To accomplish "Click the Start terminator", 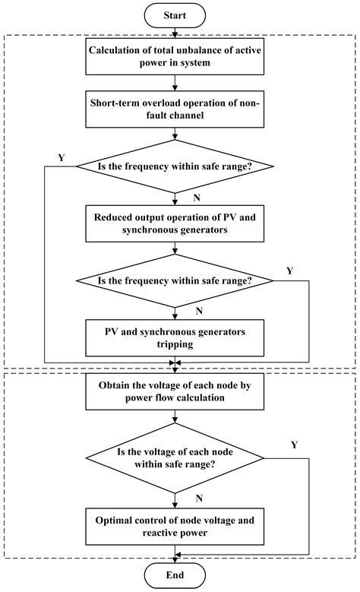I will click(x=175, y=14).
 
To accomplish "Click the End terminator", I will click(x=175, y=576).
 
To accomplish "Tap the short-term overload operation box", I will click(x=175, y=112).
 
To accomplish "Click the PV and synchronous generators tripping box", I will click(x=175, y=338).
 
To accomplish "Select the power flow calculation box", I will click(x=175, y=391).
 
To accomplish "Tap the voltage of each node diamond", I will click(x=175, y=458).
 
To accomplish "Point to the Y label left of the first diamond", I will click(x=60, y=158).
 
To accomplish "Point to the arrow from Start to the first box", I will click(x=175, y=31).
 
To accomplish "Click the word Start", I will click(x=175, y=14).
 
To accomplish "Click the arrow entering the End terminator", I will click(x=175, y=559).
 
